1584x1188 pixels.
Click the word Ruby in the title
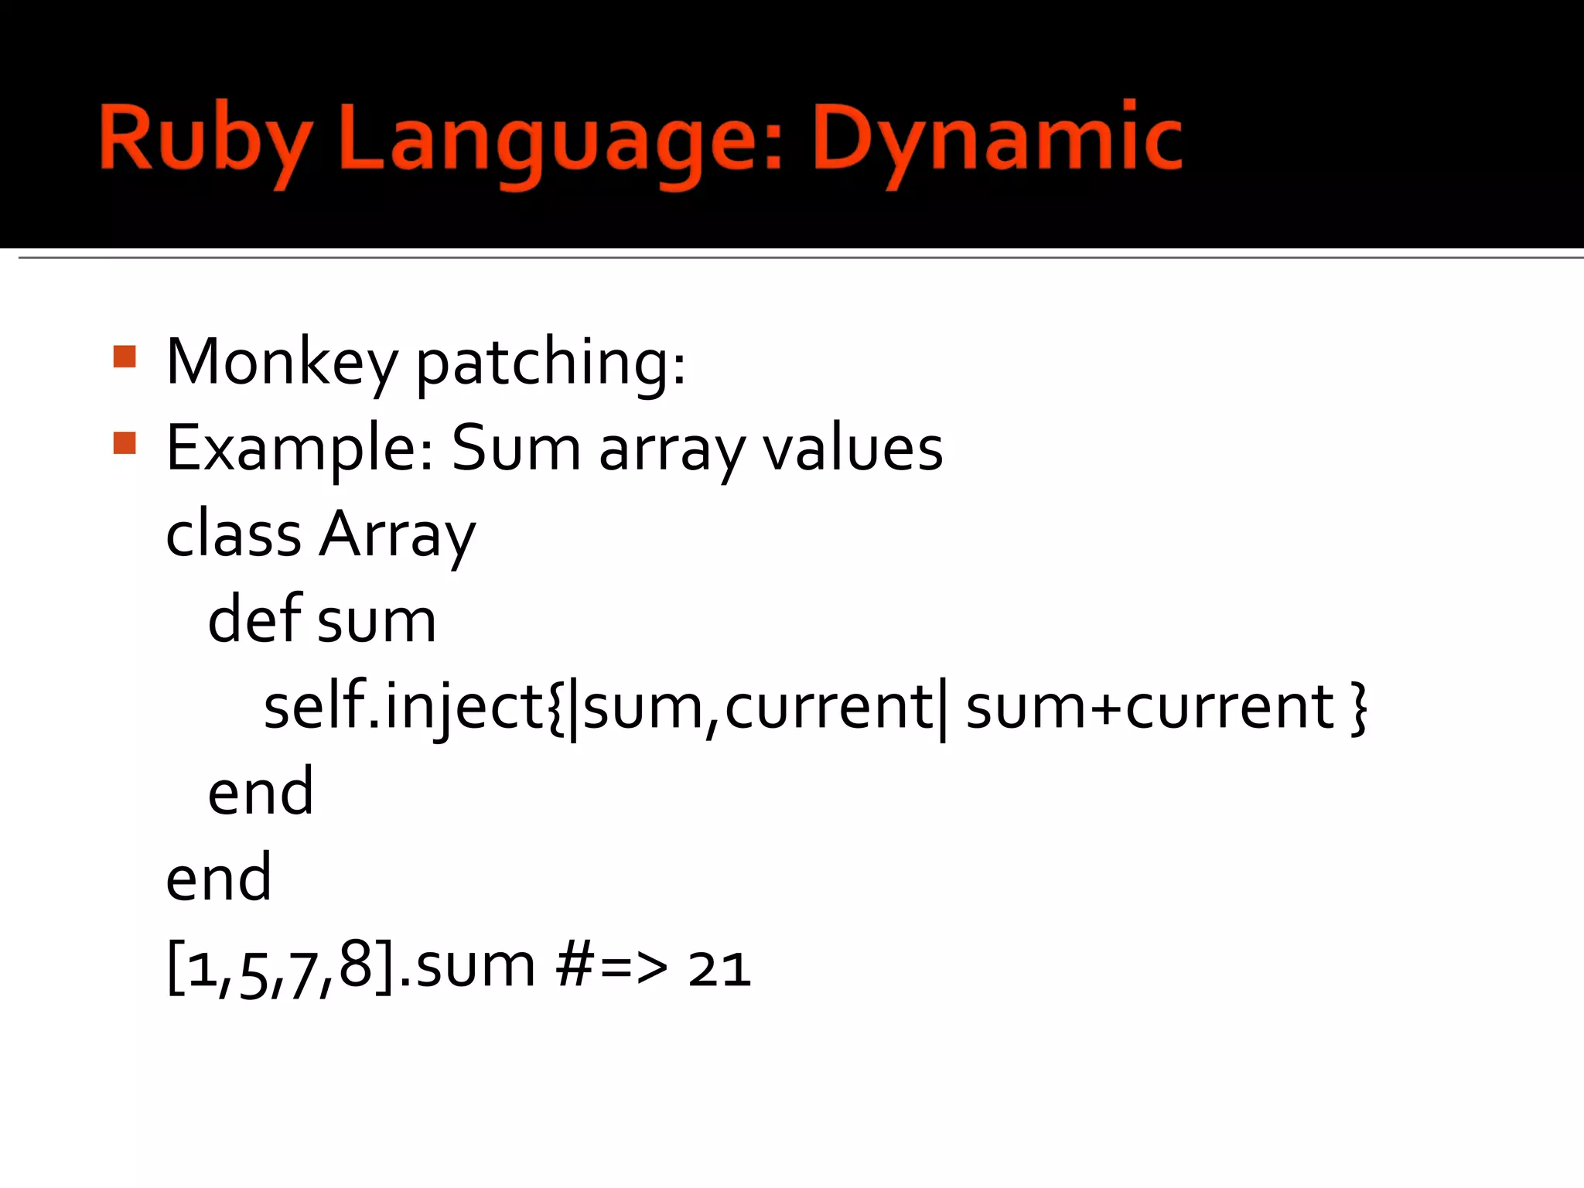[206, 140]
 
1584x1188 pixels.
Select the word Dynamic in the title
[997, 140]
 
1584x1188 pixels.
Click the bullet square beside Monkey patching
[125, 357]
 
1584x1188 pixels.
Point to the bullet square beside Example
[125, 443]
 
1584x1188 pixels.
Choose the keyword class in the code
[234, 534]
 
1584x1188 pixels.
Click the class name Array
[398, 534]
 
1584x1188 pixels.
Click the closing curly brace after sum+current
[1358, 708]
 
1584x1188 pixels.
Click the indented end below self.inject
[261, 792]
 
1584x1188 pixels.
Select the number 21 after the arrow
[719, 969]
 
